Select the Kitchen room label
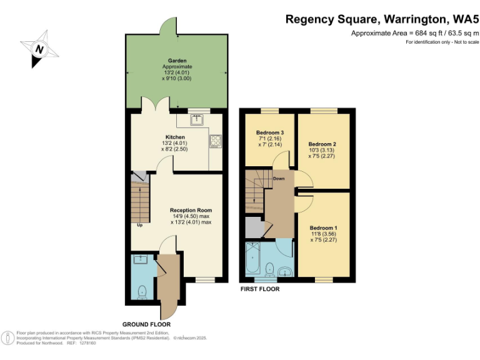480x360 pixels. tap(175, 137)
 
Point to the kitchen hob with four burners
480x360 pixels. tap(216, 142)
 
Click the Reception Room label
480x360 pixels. tap(191, 210)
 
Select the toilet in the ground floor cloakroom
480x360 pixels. tap(142, 290)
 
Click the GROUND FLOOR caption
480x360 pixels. tap(147, 324)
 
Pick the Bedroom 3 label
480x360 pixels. tap(270, 132)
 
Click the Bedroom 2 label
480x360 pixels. tap(322, 144)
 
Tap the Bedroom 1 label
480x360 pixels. tap(323, 228)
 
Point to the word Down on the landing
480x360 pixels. tap(279, 178)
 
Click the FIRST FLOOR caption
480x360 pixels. tap(260, 289)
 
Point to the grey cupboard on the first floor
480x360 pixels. tap(253, 227)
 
